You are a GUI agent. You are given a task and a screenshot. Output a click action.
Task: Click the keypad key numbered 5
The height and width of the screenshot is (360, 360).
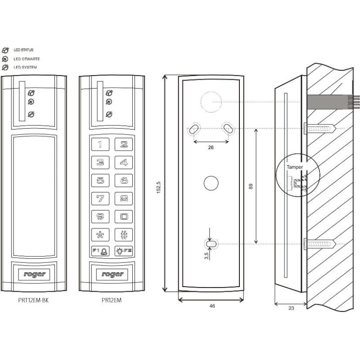(100, 180)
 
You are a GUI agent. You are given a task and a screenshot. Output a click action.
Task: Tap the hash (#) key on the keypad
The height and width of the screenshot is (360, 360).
(123, 234)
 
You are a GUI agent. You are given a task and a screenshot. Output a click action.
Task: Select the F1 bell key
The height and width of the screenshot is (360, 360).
(100, 251)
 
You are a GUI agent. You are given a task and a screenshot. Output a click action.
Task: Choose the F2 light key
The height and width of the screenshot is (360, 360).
(123, 251)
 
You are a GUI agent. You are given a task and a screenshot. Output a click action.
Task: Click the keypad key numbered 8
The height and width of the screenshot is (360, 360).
(123, 198)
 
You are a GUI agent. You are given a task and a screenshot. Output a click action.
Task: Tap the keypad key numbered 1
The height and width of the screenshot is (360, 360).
(100, 144)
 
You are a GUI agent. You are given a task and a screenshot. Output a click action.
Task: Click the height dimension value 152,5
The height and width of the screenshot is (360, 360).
(158, 184)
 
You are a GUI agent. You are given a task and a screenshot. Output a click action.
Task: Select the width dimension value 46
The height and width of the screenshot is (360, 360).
(212, 306)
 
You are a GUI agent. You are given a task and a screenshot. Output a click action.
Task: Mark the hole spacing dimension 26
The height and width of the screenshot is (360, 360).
(211, 147)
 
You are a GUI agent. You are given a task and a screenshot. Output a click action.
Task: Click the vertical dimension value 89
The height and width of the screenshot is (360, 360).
(251, 185)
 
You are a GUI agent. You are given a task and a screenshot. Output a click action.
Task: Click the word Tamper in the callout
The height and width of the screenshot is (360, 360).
(295, 167)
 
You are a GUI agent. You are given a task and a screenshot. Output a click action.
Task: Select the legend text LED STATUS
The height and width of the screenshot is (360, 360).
(23, 50)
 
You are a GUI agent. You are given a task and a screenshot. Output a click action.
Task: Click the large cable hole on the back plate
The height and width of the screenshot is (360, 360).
(211, 102)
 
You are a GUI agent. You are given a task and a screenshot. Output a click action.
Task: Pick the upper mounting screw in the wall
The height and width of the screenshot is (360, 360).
(320, 129)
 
